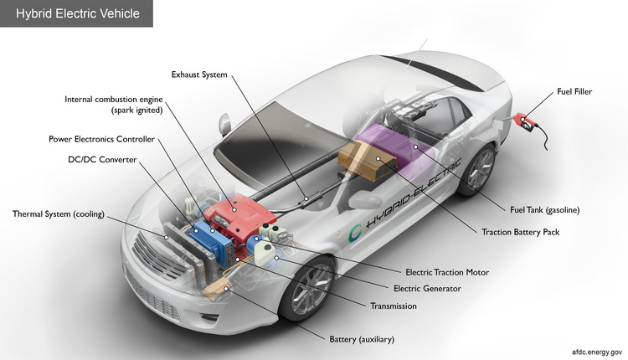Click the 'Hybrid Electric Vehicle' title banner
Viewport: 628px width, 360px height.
click(76, 13)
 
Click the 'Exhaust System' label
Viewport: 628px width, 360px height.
click(198, 75)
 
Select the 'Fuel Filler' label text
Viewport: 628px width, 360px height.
click(574, 92)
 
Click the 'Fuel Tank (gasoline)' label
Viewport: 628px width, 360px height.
click(545, 209)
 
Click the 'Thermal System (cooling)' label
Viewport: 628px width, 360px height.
click(58, 214)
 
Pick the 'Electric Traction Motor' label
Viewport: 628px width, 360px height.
click(446, 272)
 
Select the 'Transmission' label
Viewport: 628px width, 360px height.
click(394, 306)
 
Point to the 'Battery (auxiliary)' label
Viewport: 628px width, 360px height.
click(362, 339)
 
